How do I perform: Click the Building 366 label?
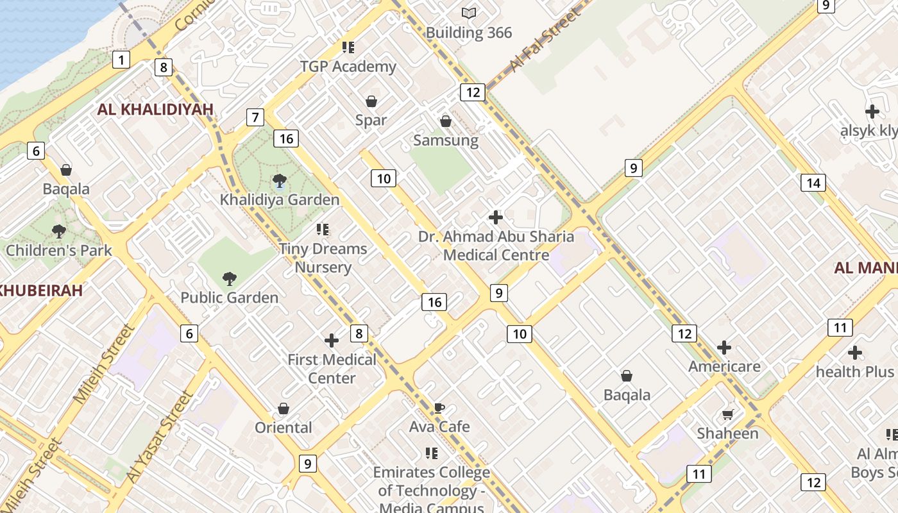click(469, 33)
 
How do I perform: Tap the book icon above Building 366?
click(469, 13)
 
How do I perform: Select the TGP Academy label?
click(348, 67)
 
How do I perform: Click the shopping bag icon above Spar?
click(371, 101)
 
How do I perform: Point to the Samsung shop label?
click(446, 140)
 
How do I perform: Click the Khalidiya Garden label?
click(280, 199)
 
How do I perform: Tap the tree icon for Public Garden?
click(229, 278)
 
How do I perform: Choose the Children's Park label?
click(59, 251)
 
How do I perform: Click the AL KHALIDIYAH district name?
click(155, 110)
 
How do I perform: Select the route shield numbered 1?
click(121, 60)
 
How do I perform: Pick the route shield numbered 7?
click(255, 117)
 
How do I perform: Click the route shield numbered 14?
click(813, 183)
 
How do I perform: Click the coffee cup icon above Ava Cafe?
click(439, 408)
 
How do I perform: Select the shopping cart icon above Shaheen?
click(727, 414)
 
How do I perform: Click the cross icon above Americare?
click(724, 348)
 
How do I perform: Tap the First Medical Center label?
click(332, 369)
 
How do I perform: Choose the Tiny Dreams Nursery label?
click(323, 258)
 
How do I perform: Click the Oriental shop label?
click(284, 428)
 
